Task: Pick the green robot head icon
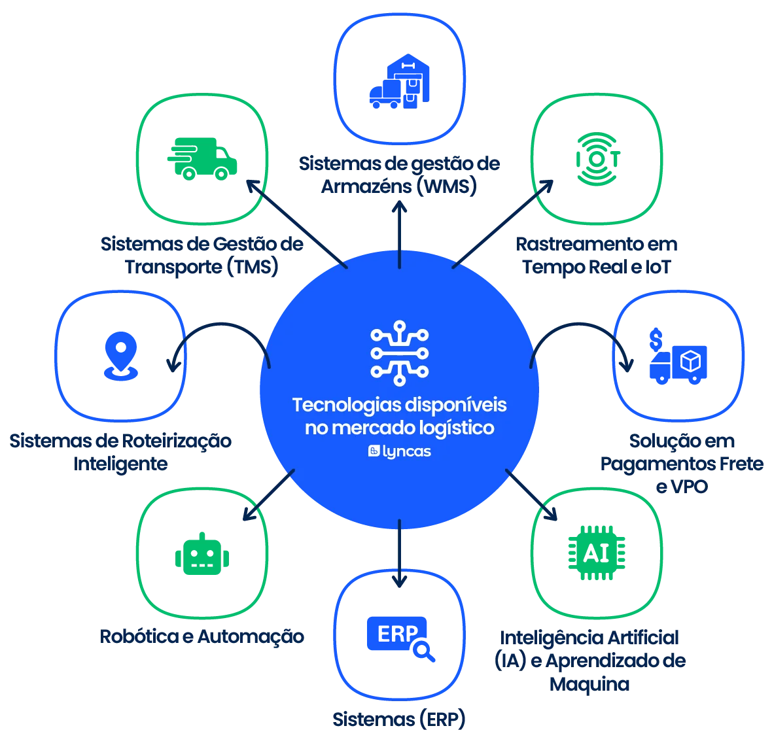point(202,555)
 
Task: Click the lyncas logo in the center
point(399,451)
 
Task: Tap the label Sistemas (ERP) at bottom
point(398,719)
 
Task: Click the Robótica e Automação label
point(203,636)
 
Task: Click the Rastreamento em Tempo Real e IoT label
point(595,255)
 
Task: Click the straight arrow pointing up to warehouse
point(400,235)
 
